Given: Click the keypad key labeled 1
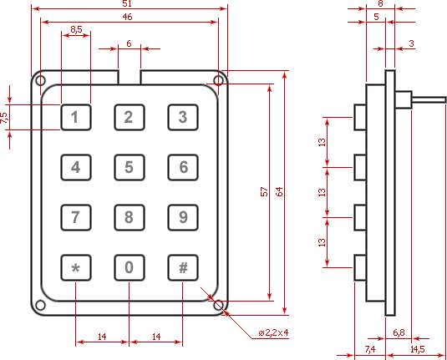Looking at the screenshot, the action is coord(76,117).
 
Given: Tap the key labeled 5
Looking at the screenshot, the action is coord(130,167).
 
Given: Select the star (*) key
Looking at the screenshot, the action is coord(76,267).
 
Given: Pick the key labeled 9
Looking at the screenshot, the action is coord(183,217).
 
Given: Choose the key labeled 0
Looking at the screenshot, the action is coord(130,267).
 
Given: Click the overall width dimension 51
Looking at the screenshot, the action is coord(127,3).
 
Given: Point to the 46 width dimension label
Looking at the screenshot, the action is coord(127,17).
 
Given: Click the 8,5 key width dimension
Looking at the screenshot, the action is coord(76,29).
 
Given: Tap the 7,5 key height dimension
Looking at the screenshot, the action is coord(4,118).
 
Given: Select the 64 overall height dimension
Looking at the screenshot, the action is coord(279,191).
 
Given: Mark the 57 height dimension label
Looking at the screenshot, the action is coord(264,191).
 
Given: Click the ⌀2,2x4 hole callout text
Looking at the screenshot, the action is coord(273,332).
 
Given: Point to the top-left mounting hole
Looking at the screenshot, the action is coord(40,81).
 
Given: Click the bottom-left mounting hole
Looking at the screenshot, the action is coord(40,305).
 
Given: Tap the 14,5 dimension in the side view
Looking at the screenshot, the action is coord(418,349).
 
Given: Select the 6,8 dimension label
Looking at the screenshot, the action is coord(399,332).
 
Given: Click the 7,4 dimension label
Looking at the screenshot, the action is coord(370,349).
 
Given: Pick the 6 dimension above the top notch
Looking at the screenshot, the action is coord(129,43).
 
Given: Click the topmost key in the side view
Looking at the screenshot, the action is coord(360,117).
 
